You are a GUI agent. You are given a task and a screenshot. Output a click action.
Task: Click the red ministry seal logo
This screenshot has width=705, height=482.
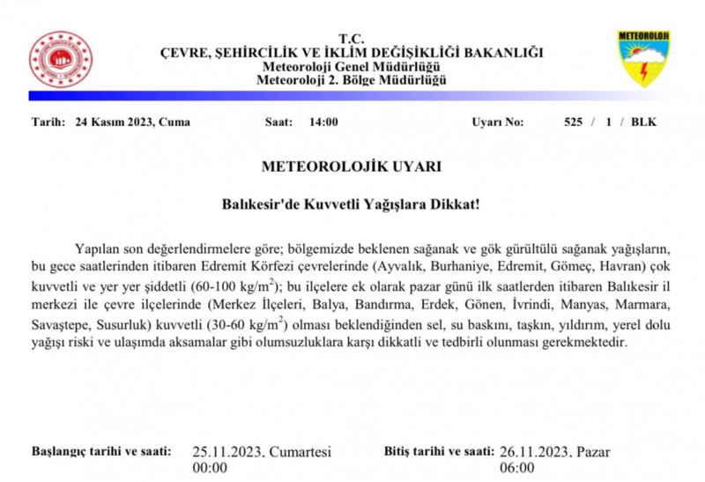60,58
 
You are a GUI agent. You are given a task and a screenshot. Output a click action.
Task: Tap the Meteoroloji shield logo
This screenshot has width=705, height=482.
643,58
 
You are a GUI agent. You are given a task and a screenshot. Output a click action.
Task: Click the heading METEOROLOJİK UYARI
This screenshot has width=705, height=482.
352,166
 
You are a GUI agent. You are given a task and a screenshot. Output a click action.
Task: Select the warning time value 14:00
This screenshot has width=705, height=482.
323,122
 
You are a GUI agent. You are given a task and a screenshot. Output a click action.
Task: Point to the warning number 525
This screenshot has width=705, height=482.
574,122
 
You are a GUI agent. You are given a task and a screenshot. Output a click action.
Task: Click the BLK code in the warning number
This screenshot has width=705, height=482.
643,122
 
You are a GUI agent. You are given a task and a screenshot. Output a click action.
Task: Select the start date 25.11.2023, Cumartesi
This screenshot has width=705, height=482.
262,452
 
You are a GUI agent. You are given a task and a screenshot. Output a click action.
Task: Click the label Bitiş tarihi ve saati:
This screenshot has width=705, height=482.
437,451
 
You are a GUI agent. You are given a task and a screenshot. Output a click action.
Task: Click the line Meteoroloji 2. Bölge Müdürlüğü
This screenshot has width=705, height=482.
352,80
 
